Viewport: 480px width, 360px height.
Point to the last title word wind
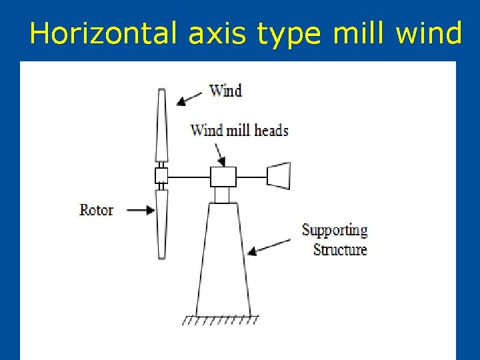(428, 33)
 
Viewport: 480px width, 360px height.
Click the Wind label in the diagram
(225, 90)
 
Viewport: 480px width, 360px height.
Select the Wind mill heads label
(239, 130)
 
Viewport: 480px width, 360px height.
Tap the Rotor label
(97, 210)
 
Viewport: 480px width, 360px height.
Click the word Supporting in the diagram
(335, 231)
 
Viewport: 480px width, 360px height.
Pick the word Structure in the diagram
(340, 250)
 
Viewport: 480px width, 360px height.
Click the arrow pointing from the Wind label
(189, 99)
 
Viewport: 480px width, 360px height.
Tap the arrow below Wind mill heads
(219, 153)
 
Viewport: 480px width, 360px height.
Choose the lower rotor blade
(161, 224)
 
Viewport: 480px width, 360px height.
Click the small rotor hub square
(161, 176)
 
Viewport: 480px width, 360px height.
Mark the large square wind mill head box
(223, 177)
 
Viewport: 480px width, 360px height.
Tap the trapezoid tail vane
(278, 175)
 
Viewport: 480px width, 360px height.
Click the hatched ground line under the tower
(220, 319)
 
